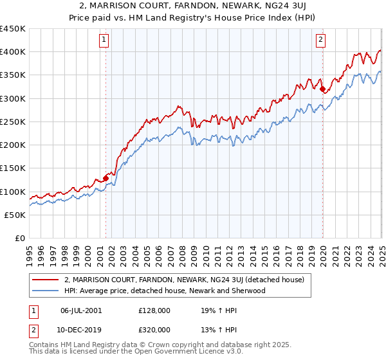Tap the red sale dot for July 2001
click(105, 179)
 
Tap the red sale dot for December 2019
click(322, 89)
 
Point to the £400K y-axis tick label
click(13, 52)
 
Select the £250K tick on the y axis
click(13, 122)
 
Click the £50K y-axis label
click(15, 215)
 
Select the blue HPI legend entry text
click(165, 291)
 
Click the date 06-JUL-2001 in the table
click(80, 310)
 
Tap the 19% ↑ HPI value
click(219, 310)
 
